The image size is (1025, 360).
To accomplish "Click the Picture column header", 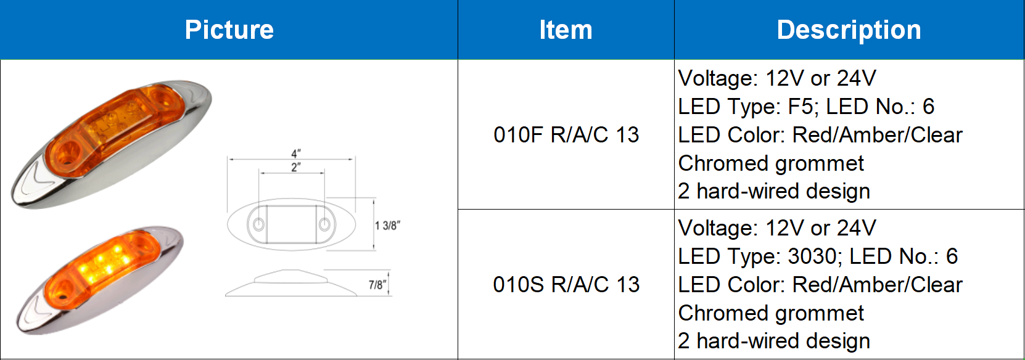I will pyautogui.click(x=229, y=30).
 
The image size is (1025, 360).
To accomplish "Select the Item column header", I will pyautogui.click(x=566, y=30).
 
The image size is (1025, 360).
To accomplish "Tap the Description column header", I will pyautogui.click(x=849, y=30).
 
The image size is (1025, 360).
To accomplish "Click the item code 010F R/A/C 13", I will pyautogui.click(x=566, y=134).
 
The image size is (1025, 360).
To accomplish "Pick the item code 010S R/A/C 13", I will pyautogui.click(x=566, y=284).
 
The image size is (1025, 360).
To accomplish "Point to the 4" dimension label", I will pyautogui.click(x=296, y=153).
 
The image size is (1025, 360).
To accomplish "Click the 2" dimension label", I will pyautogui.click(x=296, y=167).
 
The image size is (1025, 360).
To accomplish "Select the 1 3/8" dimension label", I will pyautogui.click(x=387, y=226).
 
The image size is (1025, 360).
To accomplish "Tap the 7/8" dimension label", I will pyautogui.click(x=377, y=285).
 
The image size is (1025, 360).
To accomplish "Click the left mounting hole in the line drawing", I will pyautogui.click(x=259, y=224).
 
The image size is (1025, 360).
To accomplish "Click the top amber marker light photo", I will pyautogui.click(x=111, y=144).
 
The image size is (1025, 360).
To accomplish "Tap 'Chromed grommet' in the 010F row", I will pyautogui.click(x=771, y=163).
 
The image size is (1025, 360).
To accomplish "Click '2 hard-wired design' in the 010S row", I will pyautogui.click(x=774, y=341).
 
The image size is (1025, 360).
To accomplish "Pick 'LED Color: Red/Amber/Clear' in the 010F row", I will pyautogui.click(x=820, y=135).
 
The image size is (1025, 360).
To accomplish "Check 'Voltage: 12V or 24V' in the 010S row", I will pyautogui.click(x=777, y=228).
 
